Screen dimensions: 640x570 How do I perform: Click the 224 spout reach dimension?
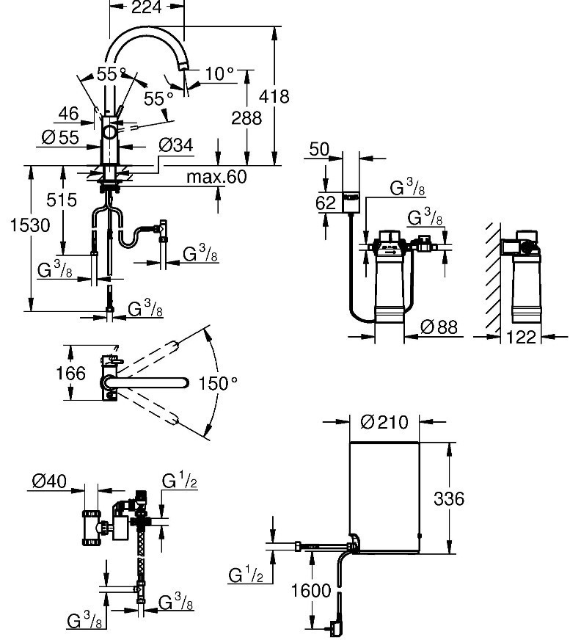coord(146,9)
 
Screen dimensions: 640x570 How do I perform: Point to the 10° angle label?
coord(219,73)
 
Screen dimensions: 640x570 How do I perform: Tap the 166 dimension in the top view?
coord(70,373)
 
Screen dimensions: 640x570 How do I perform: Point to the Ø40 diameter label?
coord(49,482)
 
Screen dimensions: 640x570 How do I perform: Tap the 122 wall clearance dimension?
coord(522,336)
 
